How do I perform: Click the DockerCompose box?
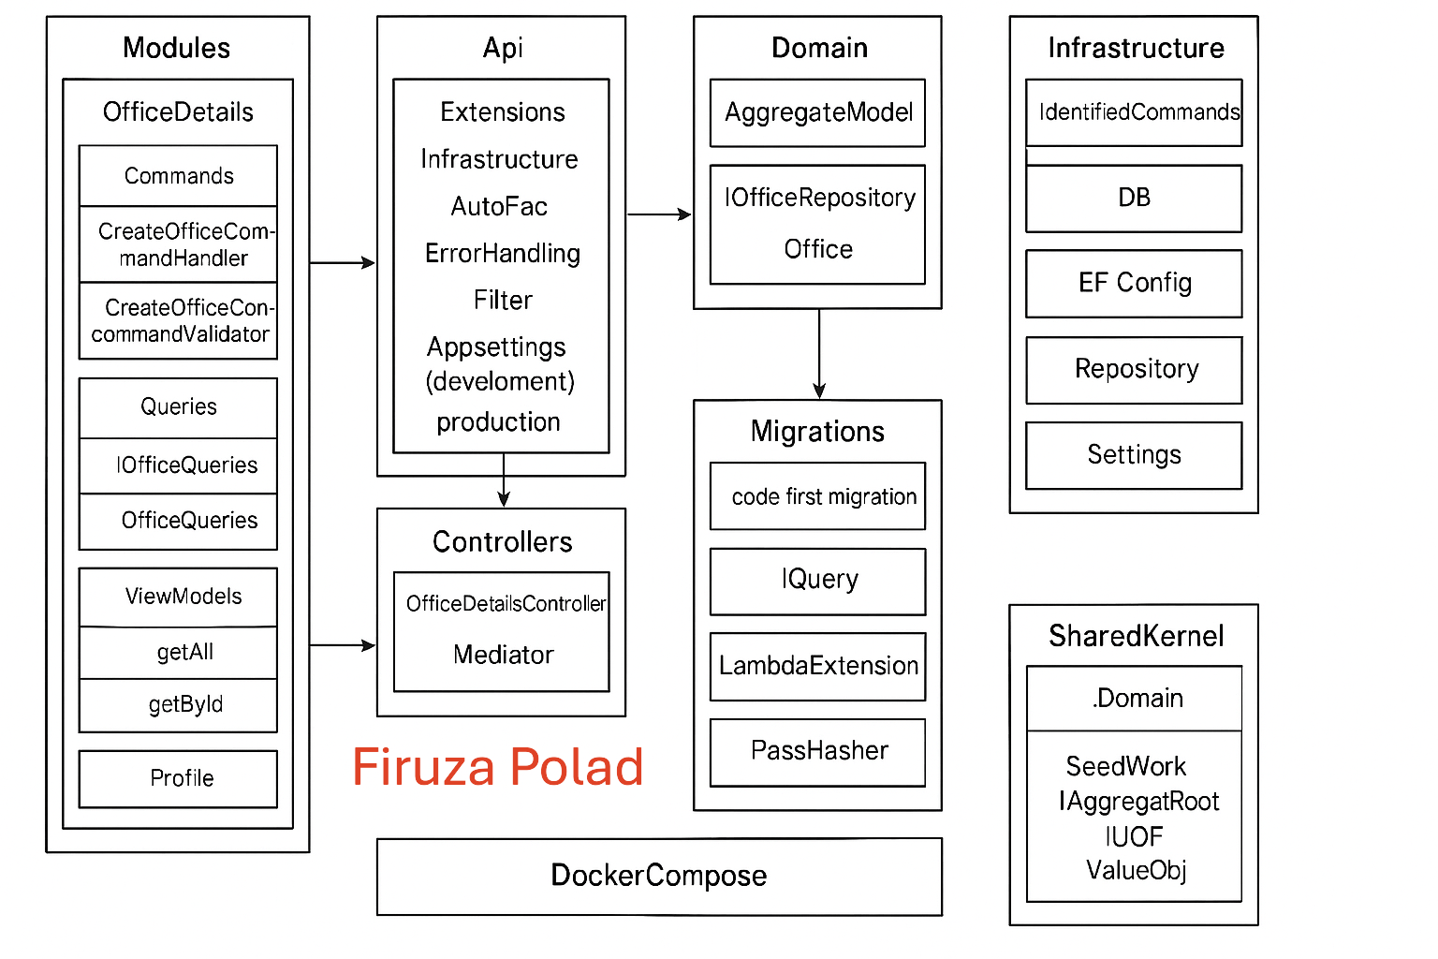pos(659,876)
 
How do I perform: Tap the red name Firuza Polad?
pos(497,767)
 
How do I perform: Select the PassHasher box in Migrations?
pos(817,752)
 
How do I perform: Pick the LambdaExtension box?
pos(817,666)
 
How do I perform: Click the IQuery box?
pos(817,581)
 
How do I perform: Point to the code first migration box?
pos(817,496)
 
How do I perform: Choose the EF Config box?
pos(1134,283)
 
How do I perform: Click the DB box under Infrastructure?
pos(1134,198)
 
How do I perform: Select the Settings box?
pos(1134,455)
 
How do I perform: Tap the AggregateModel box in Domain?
pos(817,113)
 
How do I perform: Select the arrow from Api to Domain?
pos(659,214)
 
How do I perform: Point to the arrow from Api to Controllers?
pos(504,480)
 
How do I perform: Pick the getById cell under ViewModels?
pos(185,705)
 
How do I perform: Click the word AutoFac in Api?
pos(499,206)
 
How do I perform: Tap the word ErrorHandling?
pos(503,254)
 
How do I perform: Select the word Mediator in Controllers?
pos(503,655)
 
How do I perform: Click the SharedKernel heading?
pos(1136,637)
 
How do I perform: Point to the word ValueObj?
pos(1136,871)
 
